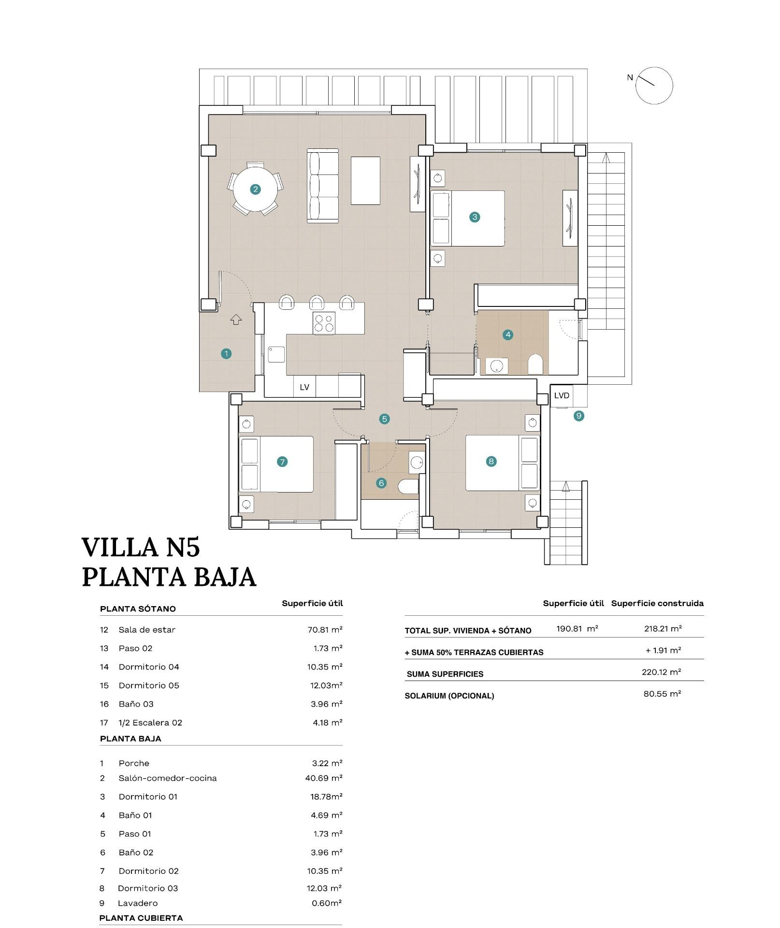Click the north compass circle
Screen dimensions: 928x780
click(x=653, y=86)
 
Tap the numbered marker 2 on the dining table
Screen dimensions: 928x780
click(x=255, y=189)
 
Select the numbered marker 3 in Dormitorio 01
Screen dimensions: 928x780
click(x=474, y=217)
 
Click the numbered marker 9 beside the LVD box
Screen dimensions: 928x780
click(x=578, y=416)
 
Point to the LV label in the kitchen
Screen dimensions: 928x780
click(x=304, y=387)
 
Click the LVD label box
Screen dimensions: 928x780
click(x=562, y=395)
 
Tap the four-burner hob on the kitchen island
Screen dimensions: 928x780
click(x=324, y=322)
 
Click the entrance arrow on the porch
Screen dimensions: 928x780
click(x=236, y=319)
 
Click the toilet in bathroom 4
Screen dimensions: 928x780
click(x=535, y=364)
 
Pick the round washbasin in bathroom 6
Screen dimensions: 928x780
click(x=416, y=463)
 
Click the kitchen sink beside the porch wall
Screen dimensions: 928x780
click(x=276, y=354)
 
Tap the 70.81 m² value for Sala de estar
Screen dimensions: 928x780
click(x=325, y=630)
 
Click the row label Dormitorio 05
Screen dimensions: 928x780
click(x=148, y=685)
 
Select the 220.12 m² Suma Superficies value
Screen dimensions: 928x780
click(x=661, y=672)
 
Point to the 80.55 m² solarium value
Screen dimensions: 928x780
click(x=662, y=694)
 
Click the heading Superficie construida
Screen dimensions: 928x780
click(x=657, y=603)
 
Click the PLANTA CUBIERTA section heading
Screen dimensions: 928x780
click(x=141, y=918)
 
